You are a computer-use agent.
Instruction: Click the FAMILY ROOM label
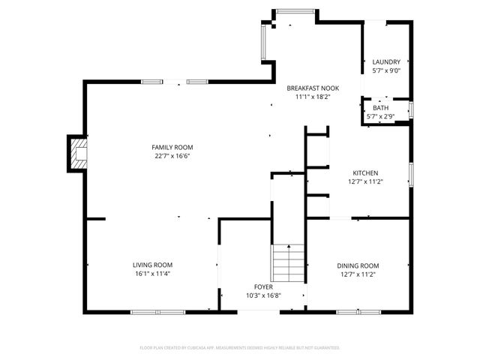[172, 147]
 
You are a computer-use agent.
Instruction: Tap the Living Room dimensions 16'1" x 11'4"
[152, 274]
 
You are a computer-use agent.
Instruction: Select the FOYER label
[262, 286]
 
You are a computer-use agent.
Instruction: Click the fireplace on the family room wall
[77, 153]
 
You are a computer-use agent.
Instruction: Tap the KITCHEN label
[365, 172]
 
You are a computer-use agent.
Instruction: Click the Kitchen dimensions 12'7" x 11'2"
[365, 181]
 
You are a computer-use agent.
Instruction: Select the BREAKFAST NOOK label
[312, 88]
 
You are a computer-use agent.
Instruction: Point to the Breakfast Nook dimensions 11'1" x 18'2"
[312, 97]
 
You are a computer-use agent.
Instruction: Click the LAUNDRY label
[386, 61]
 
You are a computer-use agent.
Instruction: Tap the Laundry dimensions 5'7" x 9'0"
[386, 70]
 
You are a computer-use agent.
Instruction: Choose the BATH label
[380, 108]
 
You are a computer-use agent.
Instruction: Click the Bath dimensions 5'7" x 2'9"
[380, 116]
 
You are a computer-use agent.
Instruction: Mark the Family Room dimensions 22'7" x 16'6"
[172, 156]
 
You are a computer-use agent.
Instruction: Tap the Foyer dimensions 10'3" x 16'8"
[262, 295]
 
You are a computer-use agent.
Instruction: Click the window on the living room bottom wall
[157, 311]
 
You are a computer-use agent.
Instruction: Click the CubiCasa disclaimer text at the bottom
[240, 348]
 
